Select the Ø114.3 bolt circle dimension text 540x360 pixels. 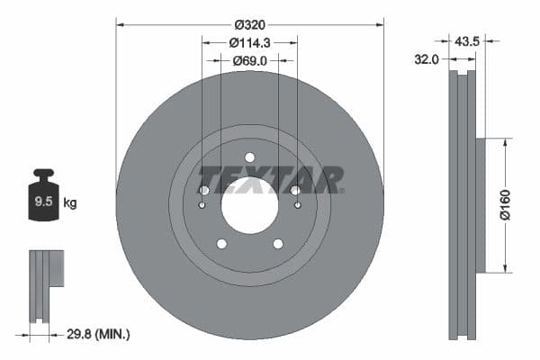click(249, 42)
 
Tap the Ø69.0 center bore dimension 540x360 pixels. click(249, 60)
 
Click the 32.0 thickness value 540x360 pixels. click(426, 60)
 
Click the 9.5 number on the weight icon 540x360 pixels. click(42, 202)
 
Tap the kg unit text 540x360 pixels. click(70, 202)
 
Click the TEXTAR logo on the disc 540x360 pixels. click(270, 179)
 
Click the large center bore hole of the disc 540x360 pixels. click(249, 204)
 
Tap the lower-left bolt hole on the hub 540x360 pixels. click(221, 243)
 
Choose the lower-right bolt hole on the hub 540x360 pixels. click(277, 243)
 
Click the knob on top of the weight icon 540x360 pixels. click(42, 173)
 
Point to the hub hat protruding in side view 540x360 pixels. click(481, 204)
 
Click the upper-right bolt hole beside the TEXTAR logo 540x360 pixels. click(295, 190)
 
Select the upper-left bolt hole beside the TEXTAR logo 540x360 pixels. click(203, 190)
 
